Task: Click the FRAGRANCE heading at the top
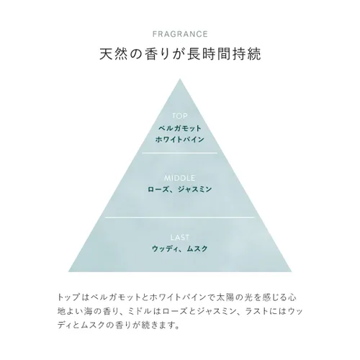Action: pos(180,34)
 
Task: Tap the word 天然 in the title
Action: pos(113,54)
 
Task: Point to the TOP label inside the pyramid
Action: pos(180,116)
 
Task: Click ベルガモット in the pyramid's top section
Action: pos(180,128)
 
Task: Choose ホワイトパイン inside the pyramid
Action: pos(180,140)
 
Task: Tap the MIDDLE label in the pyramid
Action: pos(180,178)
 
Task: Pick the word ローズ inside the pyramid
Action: pos(158,189)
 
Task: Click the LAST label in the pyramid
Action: pos(180,238)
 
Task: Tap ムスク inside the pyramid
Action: pos(197,249)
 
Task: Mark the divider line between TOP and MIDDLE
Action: pos(180,153)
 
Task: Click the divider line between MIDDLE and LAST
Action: pos(180,217)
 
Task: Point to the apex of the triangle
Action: pos(180,78)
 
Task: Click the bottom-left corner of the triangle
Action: pos(68,271)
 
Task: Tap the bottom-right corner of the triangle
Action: pos(292,271)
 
